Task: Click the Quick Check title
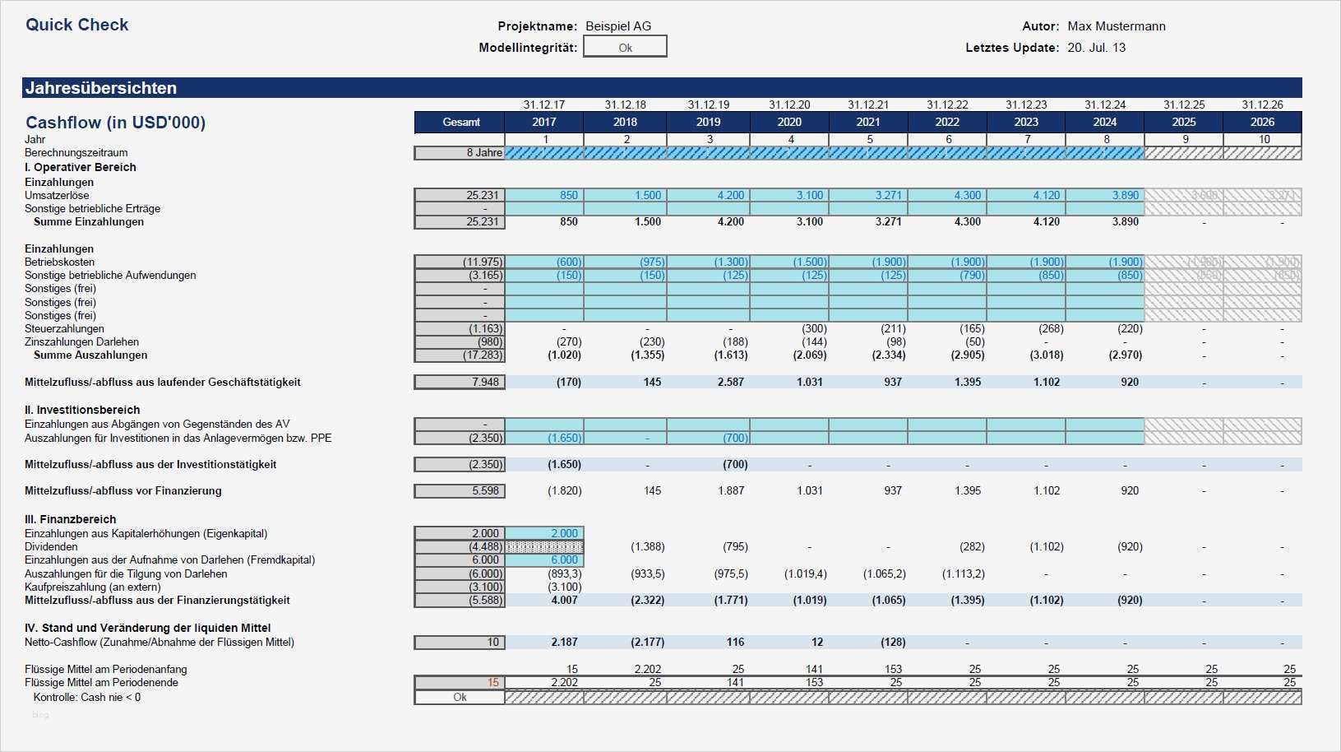click(x=77, y=25)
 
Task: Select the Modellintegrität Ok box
click(x=625, y=48)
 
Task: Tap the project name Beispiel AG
click(x=617, y=26)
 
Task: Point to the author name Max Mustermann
click(x=1116, y=26)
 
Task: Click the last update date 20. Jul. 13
click(x=1096, y=48)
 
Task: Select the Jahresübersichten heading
click(x=101, y=88)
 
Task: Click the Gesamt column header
click(x=460, y=122)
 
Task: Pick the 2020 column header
click(x=788, y=122)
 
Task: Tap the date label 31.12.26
click(x=1262, y=104)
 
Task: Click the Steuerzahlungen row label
click(x=64, y=328)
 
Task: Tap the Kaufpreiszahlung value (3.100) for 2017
click(x=564, y=587)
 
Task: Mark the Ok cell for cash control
click(x=460, y=697)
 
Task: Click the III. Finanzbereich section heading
click(x=70, y=519)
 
